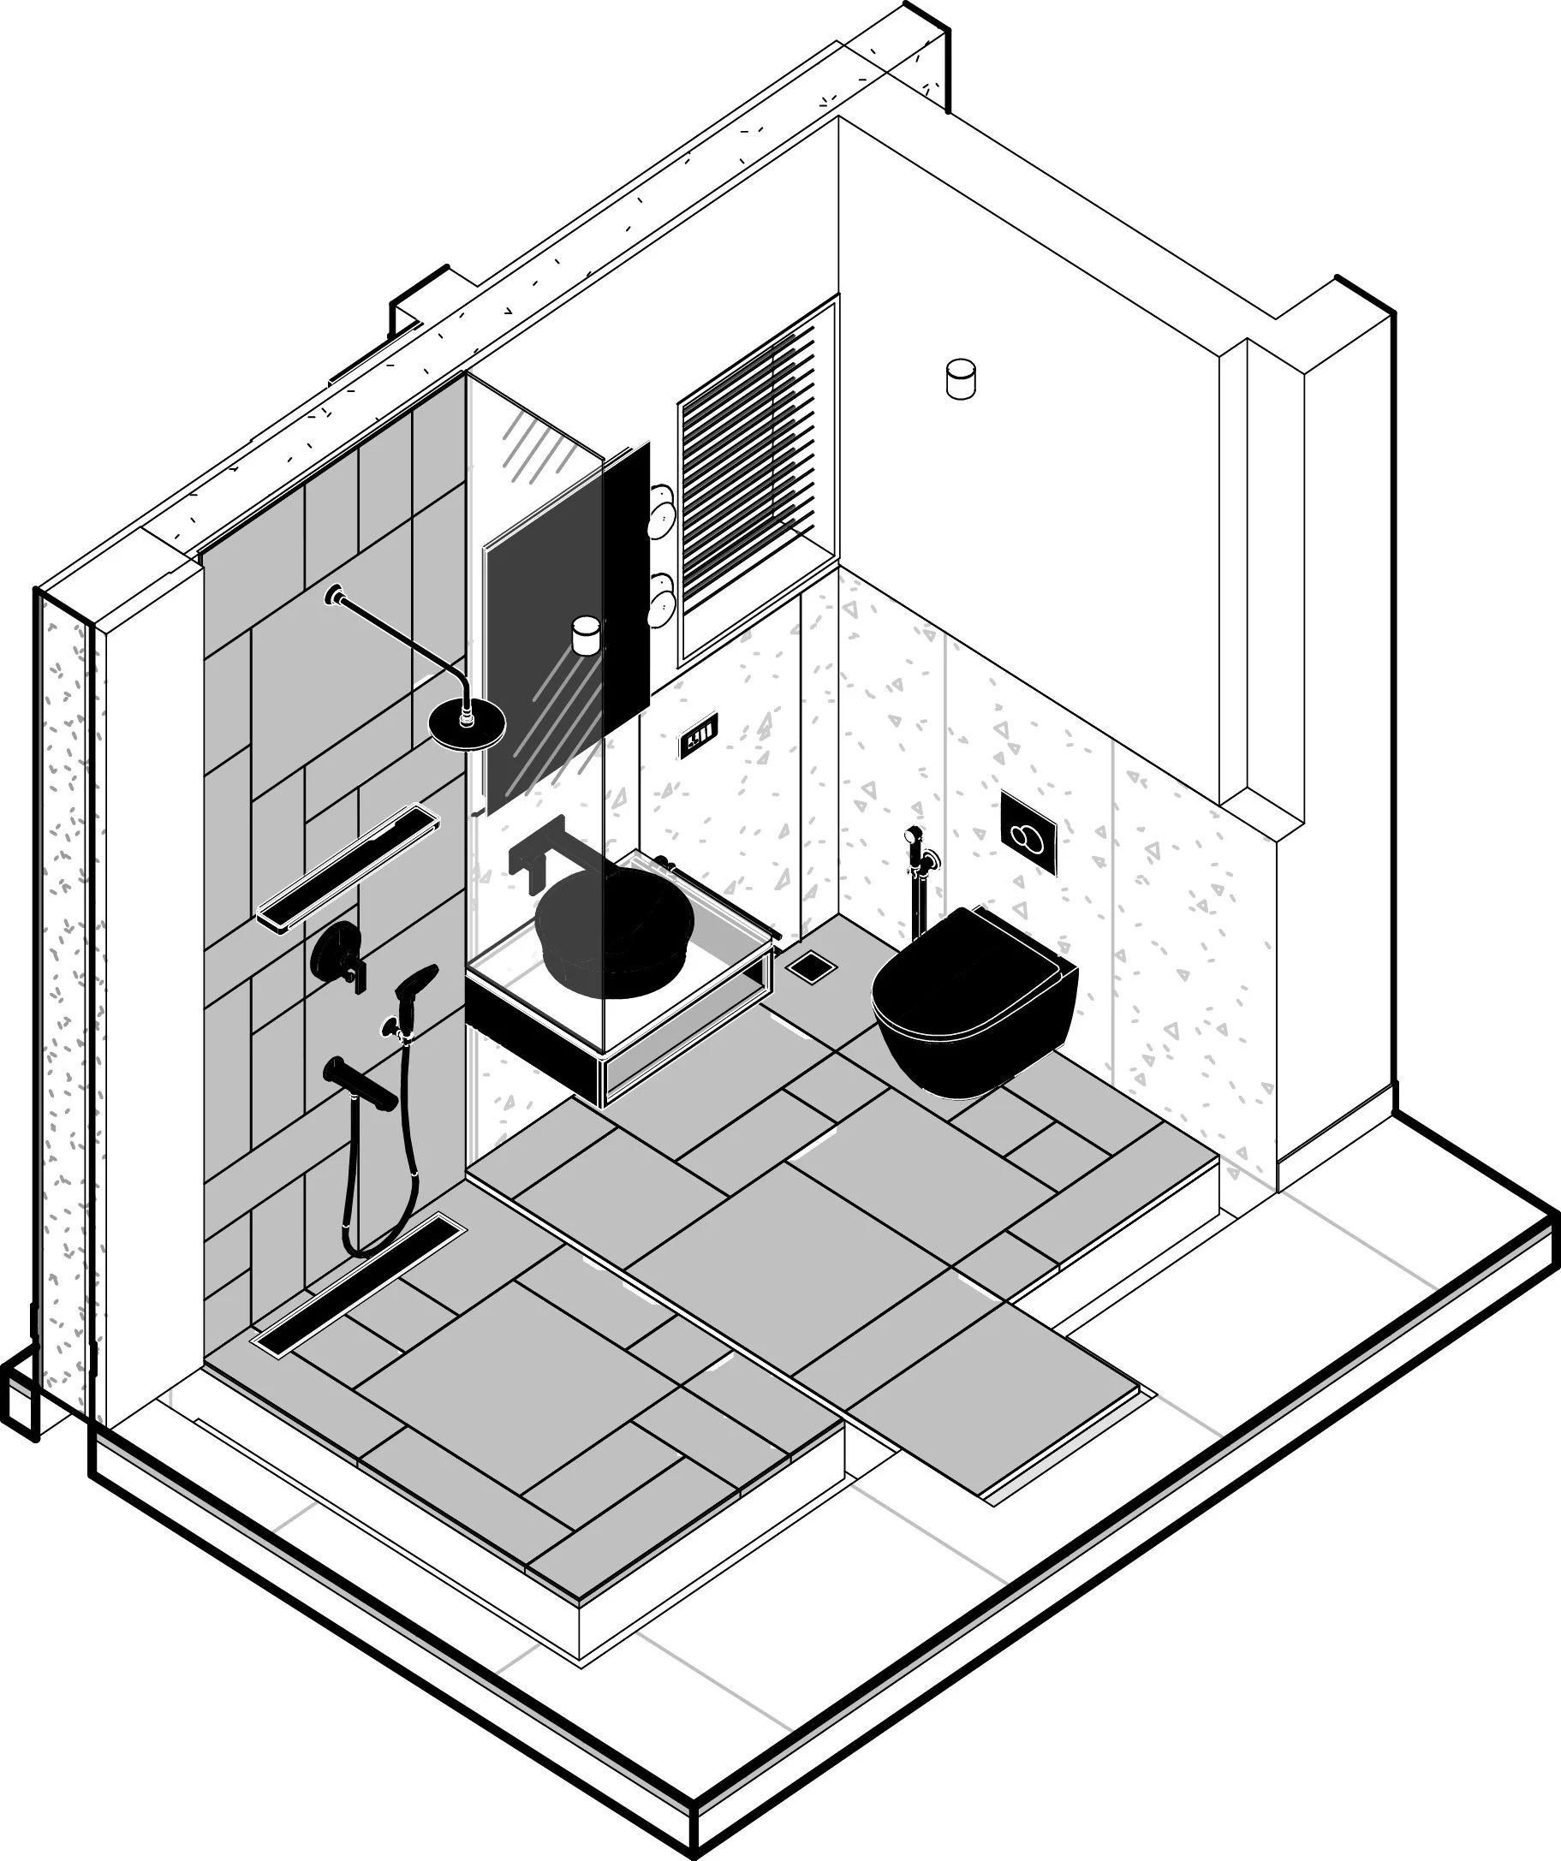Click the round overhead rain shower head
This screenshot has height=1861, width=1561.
pos(468,722)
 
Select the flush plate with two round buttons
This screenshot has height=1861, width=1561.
pos(1029,832)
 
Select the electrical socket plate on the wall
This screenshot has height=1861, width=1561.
pos(699,734)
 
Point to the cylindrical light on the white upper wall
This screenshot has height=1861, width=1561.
pos(961,379)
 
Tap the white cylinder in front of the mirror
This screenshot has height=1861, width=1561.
pos(586,634)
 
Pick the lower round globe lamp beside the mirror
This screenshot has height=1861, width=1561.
pos(661,600)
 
